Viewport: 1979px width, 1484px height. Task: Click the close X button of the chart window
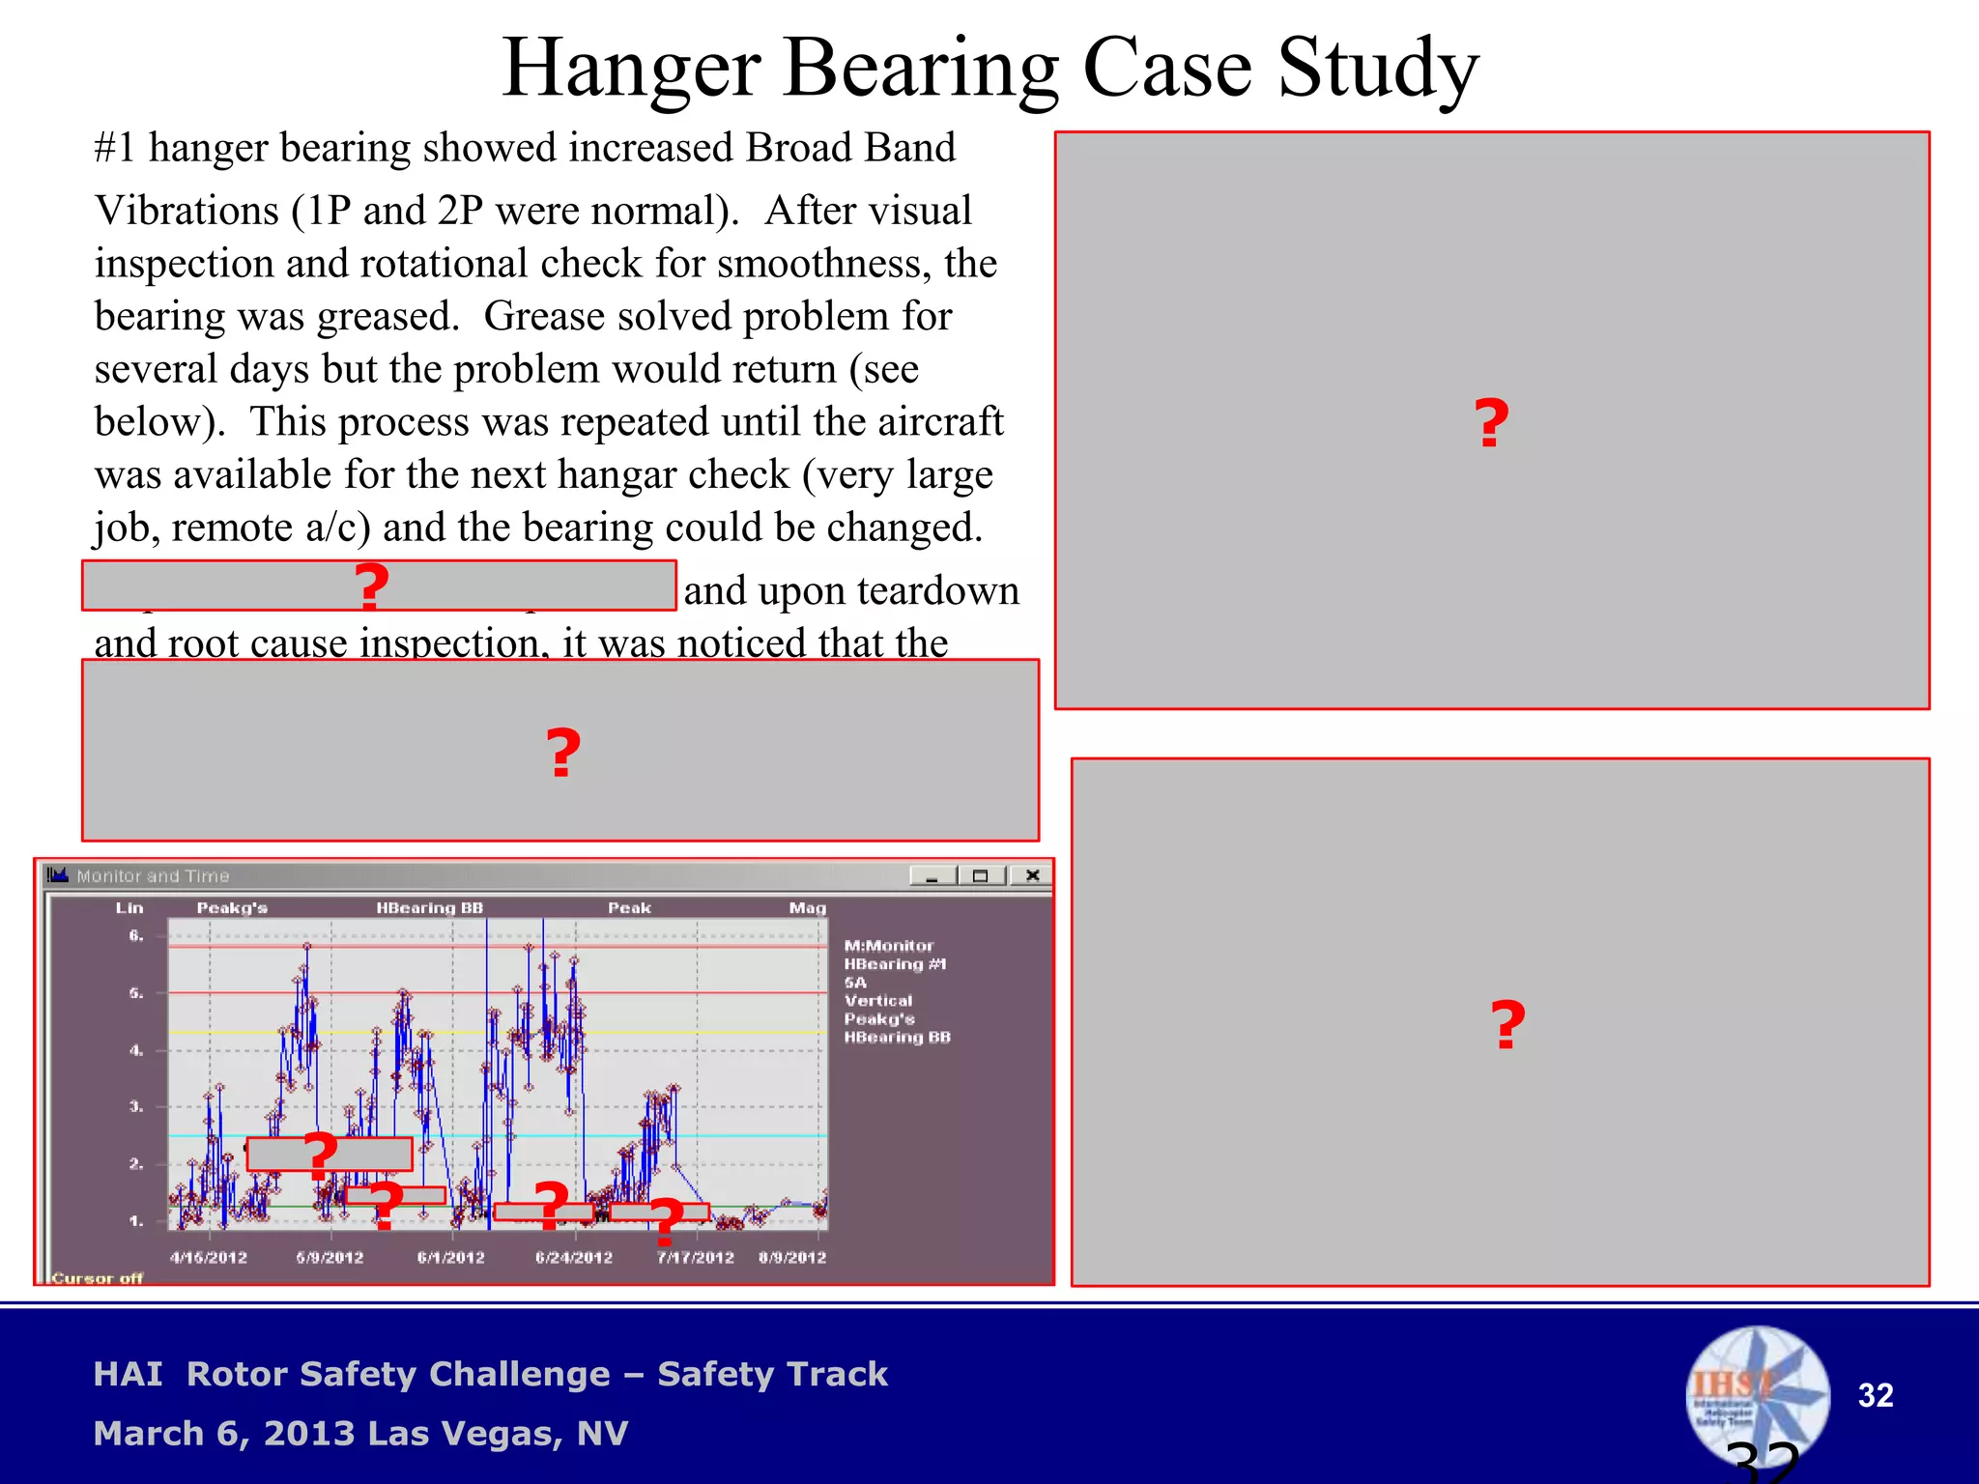(x=1032, y=875)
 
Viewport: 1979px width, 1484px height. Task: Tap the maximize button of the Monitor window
(x=981, y=875)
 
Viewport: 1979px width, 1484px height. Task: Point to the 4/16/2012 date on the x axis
(x=209, y=1257)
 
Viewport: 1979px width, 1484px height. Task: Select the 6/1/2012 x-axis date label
(x=450, y=1257)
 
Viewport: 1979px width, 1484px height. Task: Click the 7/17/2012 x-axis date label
(x=696, y=1257)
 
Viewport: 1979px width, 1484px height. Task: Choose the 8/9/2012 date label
(x=792, y=1257)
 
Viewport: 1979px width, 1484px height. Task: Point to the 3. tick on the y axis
(x=136, y=1107)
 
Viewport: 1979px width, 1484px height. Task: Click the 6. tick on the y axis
(x=136, y=935)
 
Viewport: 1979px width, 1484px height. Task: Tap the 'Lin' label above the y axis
(x=129, y=908)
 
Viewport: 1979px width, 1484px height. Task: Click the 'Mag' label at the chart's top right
(x=807, y=908)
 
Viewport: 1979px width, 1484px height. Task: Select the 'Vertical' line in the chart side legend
(x=877, y=1001)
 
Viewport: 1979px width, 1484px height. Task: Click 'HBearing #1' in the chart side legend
(x=895, y=964)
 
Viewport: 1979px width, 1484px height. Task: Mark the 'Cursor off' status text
(x=97, y=1278)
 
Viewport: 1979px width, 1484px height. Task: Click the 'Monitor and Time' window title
(x=153, y=876)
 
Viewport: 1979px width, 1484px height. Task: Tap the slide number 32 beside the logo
(x=1875, y=1395)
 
